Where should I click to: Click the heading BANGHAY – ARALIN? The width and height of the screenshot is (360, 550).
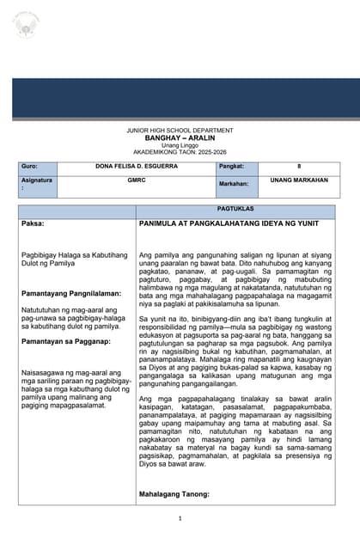coord(180,137)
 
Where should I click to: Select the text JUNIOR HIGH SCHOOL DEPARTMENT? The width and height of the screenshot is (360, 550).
coord(180,130)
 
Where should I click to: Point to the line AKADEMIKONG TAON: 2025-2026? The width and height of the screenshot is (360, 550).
coord(180,151)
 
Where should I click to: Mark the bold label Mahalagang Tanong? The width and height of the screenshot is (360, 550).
coord(175,494)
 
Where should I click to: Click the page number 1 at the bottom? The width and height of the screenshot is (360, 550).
coord(180,518)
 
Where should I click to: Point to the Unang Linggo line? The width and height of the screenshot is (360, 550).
coord(180,144)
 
